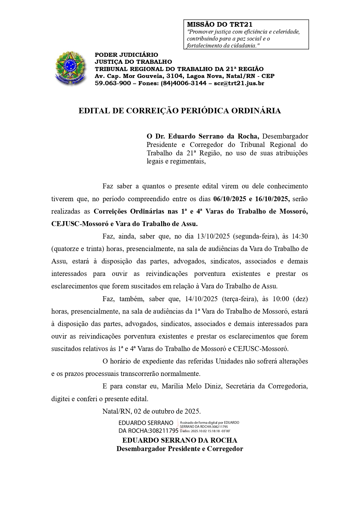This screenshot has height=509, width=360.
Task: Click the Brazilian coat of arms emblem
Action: [70, 68]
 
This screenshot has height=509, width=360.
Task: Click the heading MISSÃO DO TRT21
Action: [219, 25]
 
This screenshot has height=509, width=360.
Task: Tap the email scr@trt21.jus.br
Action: [239, 83]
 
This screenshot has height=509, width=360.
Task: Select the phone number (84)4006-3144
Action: [183, 83]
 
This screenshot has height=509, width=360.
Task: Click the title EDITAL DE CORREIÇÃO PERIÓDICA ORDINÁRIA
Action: [180, 111]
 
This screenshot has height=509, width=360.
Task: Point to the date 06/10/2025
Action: [229, 199]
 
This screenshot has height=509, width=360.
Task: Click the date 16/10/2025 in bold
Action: [272, 199]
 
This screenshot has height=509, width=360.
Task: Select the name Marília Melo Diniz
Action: [192, 386]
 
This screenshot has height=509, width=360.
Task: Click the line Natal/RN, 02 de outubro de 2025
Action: [152, 411]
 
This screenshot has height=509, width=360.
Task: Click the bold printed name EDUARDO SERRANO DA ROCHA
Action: [180, 440]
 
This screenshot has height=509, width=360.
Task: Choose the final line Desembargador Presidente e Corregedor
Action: [180, 449]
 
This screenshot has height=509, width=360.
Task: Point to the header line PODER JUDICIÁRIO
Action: [126, 55]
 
